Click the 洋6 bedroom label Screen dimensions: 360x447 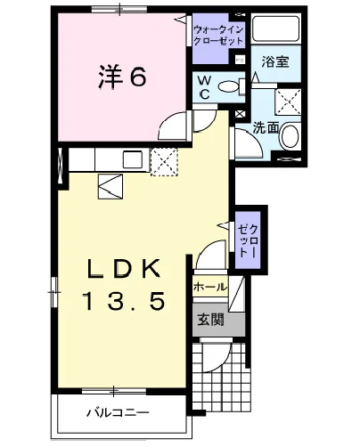click(x=122, y=77)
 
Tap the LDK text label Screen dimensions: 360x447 click(x=123, y=268)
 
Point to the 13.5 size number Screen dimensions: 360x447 click(x=124, y=301)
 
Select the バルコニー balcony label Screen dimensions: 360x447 click(x=118, y=413)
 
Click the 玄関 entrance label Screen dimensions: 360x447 click(x=211, y=320)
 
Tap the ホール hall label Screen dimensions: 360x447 click(x=210, y=287)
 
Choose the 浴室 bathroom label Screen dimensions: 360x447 click(x=275, y=61)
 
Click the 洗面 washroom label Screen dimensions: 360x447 click(x=266, y=128)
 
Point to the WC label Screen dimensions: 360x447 click(x=205, y=87)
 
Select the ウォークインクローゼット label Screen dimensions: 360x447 click(x=218, y=36)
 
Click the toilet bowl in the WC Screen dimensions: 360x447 click(x=228, y=86)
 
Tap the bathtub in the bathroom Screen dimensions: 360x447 click(x=275, y=28)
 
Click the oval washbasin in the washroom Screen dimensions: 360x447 click(x=290, y=137)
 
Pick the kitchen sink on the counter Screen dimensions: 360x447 click(x=133, y=159)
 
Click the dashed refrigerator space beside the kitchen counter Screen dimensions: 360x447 click(x=164, y=162)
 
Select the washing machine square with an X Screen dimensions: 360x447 click(x=288, y=102)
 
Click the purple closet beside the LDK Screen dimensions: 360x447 click(x=248, y=240)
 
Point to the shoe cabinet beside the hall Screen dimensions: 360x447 click(x=237, y=294)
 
